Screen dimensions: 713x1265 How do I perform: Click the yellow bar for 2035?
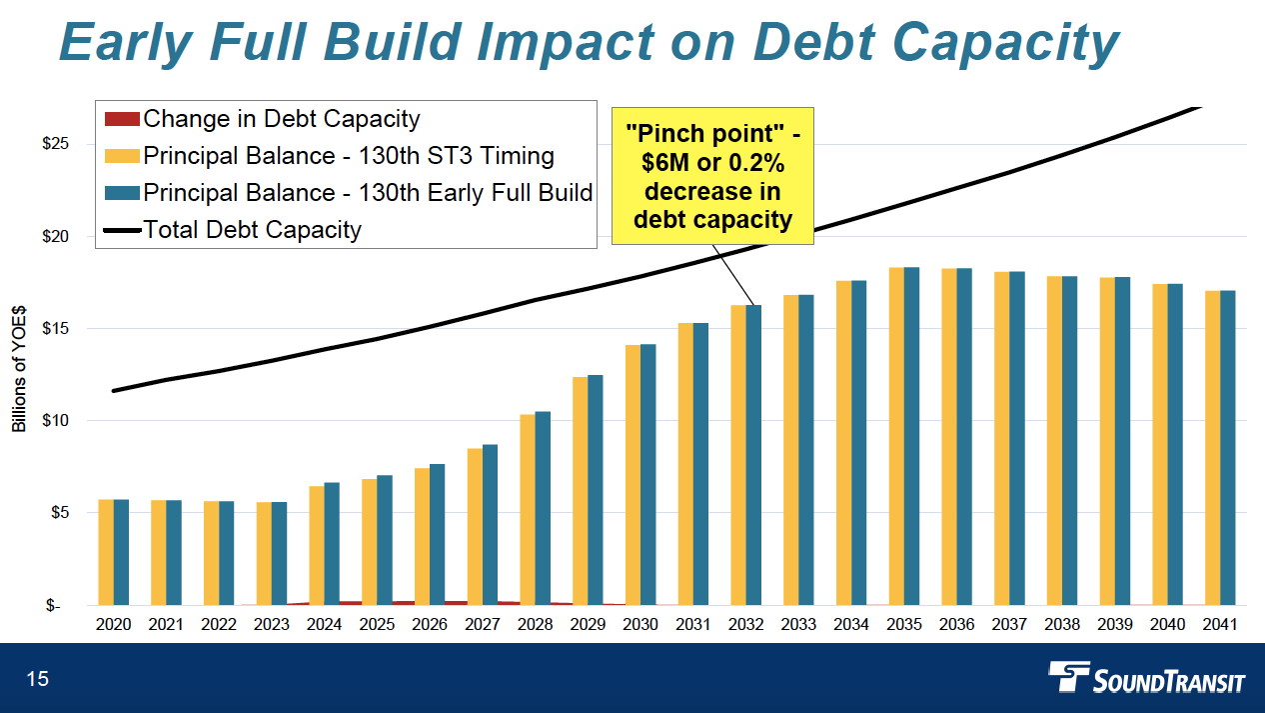point(896,436)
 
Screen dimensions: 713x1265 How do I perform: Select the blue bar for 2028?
point(543,508)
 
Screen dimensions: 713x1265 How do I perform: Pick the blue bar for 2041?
point(1228,448)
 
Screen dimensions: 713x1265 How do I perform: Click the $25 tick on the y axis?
point(55,144)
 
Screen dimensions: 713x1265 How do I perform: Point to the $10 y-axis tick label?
point(55,420)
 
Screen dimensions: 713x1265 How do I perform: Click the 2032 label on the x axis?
point(746,624)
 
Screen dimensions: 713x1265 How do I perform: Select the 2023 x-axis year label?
point(272,624)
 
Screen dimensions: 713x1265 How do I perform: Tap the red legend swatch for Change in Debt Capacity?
point(122,119)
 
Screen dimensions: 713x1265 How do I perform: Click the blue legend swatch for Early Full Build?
point(122,193)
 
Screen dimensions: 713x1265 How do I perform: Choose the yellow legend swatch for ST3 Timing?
point(122,156)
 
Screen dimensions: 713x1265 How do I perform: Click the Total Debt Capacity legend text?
point(252,230)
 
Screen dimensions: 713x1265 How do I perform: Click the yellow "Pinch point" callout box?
point(712,176)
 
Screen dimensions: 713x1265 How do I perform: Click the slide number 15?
point(37,680)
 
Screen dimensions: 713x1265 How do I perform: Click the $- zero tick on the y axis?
point(55,605)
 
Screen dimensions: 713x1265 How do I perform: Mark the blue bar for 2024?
point(332,543)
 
